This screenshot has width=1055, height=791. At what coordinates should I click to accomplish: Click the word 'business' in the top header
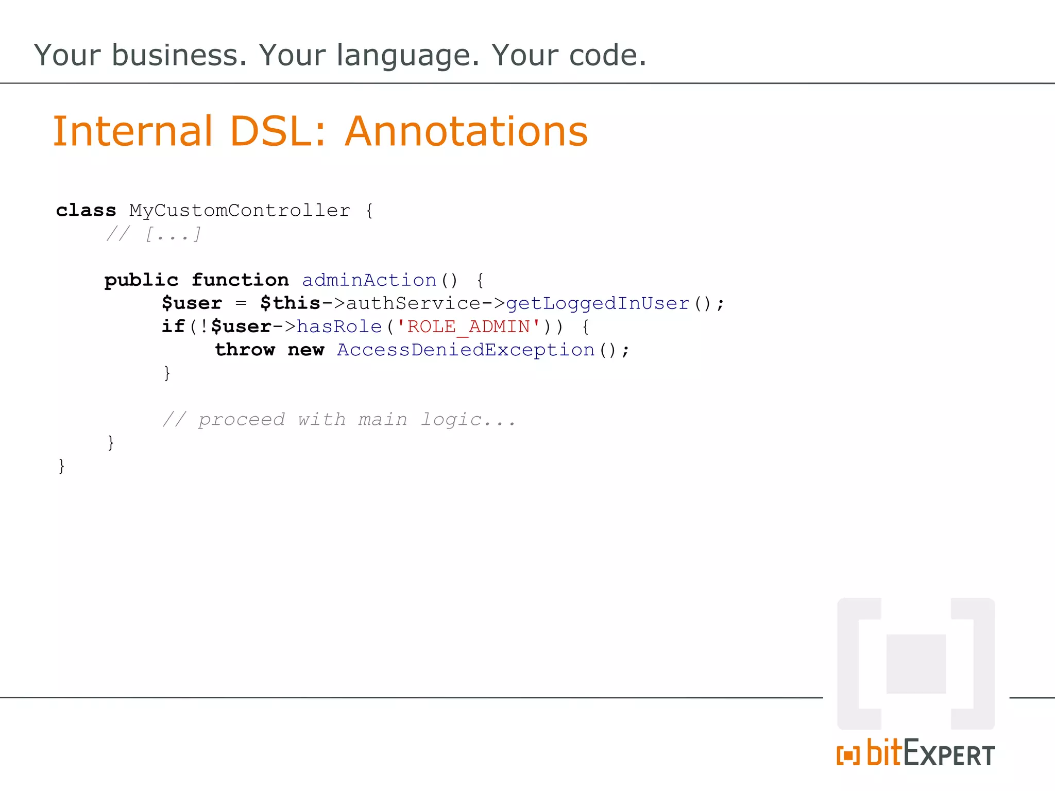coord(179,55)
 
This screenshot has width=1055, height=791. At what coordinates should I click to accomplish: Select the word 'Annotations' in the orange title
coord(466,131)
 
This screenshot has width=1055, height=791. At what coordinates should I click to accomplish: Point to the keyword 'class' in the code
coord(86,210)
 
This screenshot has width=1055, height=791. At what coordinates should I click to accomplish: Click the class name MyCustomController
coord(240,210)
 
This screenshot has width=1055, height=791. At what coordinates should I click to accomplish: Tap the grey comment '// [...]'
coord(154,234)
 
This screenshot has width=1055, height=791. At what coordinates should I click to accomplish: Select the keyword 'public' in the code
coord(141,280)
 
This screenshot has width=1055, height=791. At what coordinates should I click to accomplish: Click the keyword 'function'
coord(240,280)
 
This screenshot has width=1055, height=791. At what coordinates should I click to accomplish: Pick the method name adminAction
coord(369,280)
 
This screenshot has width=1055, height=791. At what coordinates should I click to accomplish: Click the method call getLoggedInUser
coord(598,303)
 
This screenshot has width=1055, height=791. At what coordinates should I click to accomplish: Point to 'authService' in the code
coord(413,303)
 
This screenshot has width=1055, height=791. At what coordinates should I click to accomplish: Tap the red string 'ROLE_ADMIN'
coord(468,326)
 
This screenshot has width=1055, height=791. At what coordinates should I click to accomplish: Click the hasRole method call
coord(339,326)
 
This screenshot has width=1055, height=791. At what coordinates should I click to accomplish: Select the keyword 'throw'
coord(245,350)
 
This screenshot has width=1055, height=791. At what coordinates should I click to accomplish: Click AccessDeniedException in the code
coord(466,350)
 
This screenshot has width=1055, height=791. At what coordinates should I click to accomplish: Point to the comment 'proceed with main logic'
coord(339,420)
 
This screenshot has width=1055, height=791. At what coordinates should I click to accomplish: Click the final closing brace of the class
coord(62,466)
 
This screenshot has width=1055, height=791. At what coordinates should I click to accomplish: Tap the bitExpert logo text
coord(916,753)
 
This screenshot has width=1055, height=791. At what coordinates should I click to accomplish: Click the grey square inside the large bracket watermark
coord(916,664)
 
